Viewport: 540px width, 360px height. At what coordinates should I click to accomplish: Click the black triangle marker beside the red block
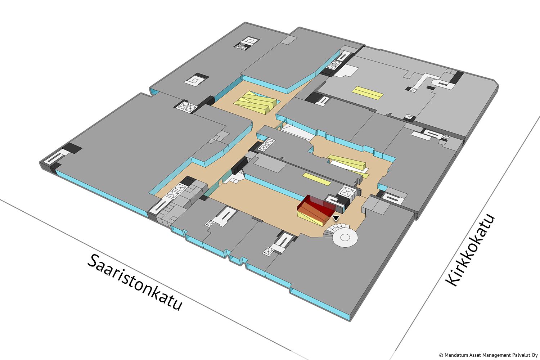coord(336,218)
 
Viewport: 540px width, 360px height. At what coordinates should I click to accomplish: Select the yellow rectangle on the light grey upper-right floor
coord(368,93)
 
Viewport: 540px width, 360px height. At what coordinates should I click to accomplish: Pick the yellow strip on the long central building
coord(316,179)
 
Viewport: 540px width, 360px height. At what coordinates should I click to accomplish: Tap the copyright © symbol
coord(441,355)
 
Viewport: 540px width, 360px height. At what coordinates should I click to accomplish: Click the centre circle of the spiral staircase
coord(345,238)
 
